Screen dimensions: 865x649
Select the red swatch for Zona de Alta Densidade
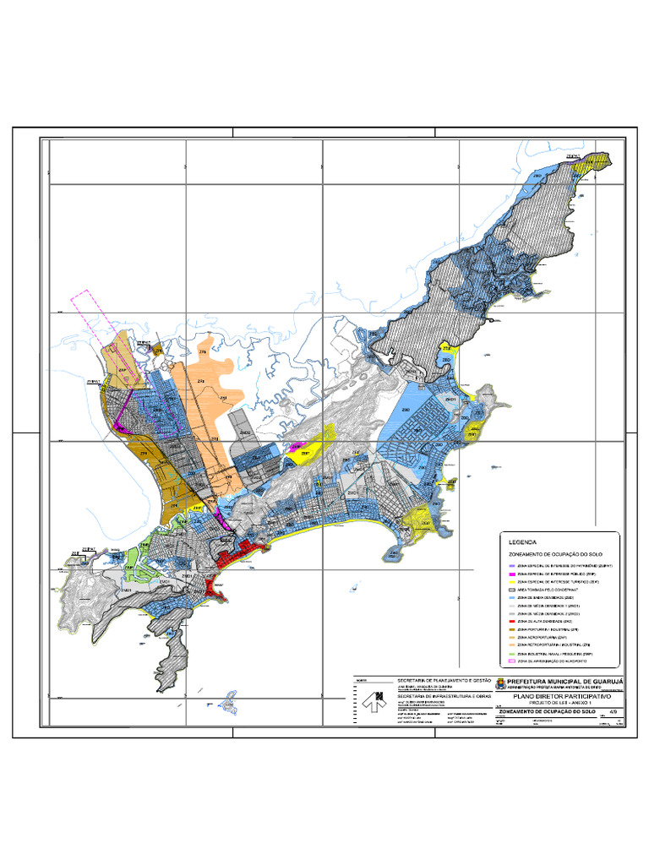click(510, 620)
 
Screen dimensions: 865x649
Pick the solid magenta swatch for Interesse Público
click(510, 573)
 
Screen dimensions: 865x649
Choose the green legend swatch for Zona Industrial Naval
click(510, 653)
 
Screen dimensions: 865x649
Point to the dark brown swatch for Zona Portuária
click(510, 629)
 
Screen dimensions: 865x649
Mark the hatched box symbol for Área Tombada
click(510, 590)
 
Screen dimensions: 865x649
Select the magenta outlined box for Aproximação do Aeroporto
click(510, 660)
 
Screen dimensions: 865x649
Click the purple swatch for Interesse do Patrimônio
click(510, 563)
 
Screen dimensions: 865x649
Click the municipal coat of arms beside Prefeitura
click(499, 683)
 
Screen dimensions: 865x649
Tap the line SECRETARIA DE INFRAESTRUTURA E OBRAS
click(444, 695)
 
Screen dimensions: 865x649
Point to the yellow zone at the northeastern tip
click(587, 162)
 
